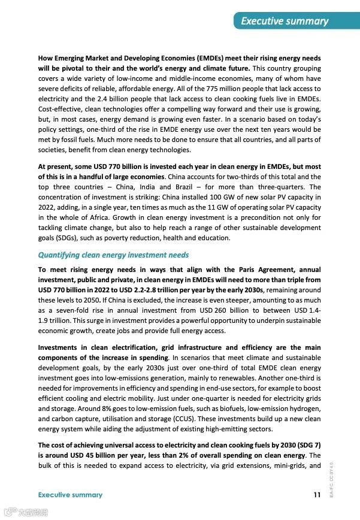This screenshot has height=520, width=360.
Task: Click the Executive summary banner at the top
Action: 285,21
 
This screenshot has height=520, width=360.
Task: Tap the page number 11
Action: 317,495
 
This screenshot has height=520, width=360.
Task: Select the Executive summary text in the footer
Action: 70,495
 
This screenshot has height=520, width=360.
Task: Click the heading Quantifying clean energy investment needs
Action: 113,255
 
